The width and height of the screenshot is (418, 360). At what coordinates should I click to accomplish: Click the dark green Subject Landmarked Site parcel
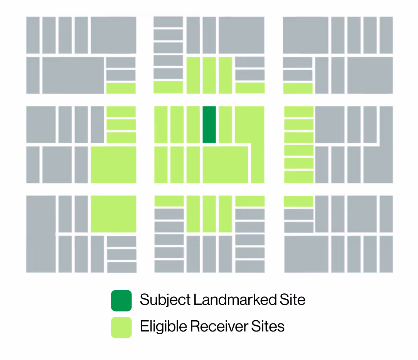209,124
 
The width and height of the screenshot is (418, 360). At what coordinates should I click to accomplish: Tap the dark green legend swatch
121,300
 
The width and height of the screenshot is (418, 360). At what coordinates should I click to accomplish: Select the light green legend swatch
121,327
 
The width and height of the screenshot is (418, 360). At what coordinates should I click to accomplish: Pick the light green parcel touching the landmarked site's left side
193,124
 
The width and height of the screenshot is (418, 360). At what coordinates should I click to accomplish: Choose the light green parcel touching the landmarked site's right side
225,124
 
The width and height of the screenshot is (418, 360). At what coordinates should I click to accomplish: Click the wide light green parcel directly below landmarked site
225,165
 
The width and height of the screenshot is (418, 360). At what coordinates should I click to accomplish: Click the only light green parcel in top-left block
121,88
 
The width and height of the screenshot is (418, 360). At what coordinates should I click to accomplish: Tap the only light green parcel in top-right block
298,88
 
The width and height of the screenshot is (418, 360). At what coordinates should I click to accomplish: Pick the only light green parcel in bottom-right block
298,201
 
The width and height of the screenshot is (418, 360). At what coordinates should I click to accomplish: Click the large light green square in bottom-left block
113,214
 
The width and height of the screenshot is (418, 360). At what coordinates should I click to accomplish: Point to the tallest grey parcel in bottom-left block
41,234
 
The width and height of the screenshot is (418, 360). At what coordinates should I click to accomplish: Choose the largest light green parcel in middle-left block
113,165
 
